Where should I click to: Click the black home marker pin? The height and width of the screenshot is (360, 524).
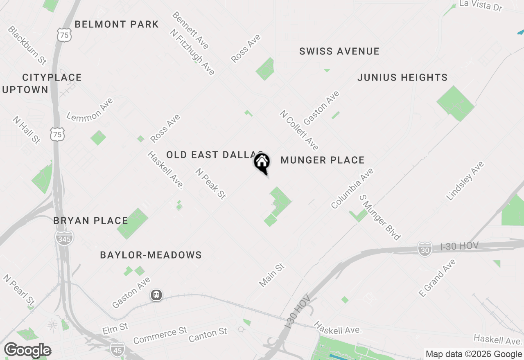(x=262, y=162)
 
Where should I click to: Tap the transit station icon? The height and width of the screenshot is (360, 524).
(x=156, y=295)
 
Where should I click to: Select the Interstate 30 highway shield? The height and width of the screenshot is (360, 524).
(x=425, y=249)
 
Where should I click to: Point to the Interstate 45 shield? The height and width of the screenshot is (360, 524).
(x=117, y=349)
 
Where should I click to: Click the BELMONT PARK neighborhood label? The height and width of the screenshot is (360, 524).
(x=117, y=24)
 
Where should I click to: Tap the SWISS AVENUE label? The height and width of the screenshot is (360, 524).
(x=339, y=51)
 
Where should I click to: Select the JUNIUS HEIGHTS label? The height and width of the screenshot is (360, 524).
(x=402, y=77)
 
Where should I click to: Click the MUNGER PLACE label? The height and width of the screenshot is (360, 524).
(x=323, y=160)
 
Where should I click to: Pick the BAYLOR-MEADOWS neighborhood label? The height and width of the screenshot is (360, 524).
(x=151, y=255)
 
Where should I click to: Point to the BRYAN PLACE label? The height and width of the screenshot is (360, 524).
(x=91, y=221)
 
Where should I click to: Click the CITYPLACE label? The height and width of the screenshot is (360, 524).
(x=52, y=77)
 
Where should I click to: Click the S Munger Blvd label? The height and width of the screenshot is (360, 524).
(x=380, y=217)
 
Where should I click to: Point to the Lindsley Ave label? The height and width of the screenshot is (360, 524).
(x=465, y=181)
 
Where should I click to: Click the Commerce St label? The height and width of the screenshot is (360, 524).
(x=160, y=335)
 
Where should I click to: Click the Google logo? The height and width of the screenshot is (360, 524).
(x=28, y=350)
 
